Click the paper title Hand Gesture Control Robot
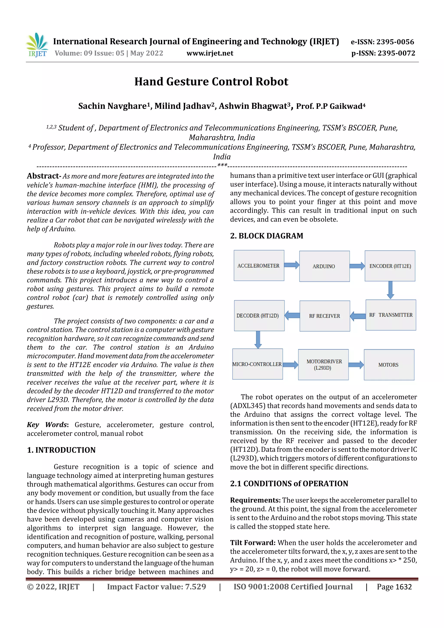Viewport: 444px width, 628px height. click(211, 82)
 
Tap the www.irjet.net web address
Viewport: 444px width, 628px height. click(210, 53)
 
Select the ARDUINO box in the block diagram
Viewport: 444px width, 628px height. click(324, 266)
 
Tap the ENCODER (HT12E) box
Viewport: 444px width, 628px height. click(390, 266)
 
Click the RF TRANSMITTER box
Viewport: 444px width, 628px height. click(391, 315)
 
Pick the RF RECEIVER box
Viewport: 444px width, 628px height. click(325, 316)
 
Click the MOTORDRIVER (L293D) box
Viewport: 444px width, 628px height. click(323, 365)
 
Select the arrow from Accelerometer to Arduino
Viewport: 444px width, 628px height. click(291, 265)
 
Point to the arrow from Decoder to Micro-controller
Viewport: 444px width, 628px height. click(258, 339)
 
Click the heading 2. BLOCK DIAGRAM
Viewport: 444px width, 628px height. click(267, 236)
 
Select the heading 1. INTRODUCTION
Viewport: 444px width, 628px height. click(61, 450)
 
